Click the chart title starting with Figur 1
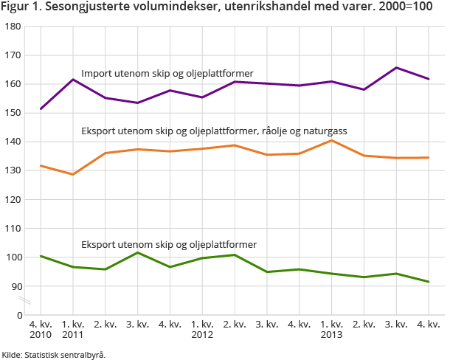[x=217, y=8]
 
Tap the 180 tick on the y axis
[x=13, y=27]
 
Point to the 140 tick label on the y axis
[x=13, y=142]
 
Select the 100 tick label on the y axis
[x=13, y=257]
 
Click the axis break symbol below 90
[x=24, y=301]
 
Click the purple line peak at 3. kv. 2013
[x=396, y=68]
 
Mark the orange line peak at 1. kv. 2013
[x=332, y=140]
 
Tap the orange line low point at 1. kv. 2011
[x=73, y=174]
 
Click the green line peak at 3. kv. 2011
[x=138, y=252]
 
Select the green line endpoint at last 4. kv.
[x=429, y=282]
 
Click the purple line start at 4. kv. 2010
[x=41, y=109]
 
